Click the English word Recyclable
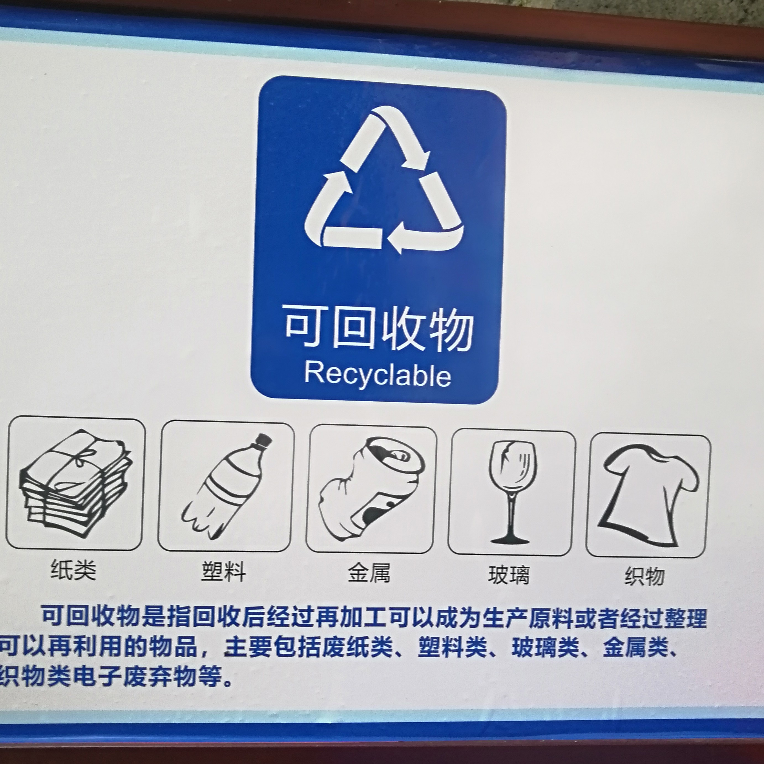point(378,375)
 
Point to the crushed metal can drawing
point(372,489)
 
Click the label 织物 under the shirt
point(645,577)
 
